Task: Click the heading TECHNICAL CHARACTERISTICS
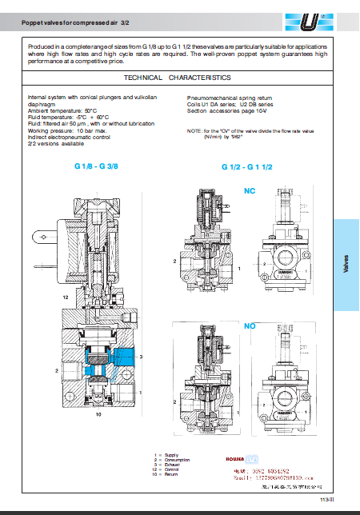(178, 78)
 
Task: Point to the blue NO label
(250, 327)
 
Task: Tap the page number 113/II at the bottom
(325, 499)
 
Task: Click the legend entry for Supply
(168, 456)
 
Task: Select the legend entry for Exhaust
(169, 465)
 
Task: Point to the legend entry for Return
(168, 475)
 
